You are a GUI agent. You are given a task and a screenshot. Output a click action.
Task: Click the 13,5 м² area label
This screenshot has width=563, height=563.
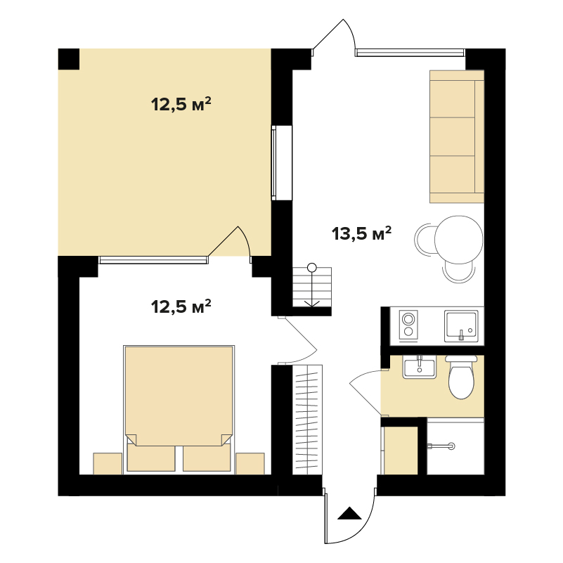(x=361, y=233)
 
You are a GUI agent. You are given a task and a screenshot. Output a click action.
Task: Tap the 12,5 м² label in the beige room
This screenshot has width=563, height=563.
(x=181, y=104)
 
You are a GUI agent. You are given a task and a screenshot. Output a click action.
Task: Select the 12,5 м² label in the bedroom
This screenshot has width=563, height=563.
(x=181, y=306)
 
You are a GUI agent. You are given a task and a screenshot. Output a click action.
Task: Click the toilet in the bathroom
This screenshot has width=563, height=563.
(x=461, y=377)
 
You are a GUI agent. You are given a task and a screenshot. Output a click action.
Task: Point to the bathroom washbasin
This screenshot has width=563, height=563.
(x=420, y=367)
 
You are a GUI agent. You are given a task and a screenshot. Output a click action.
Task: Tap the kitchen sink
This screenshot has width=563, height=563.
(x=461, y=326)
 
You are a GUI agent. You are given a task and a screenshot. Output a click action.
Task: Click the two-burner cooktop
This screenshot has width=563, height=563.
(x=408, y=325)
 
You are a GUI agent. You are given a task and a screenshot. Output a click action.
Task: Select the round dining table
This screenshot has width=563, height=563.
(x=459, y=240)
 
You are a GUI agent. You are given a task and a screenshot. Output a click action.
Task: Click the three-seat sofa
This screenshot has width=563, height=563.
(x=457, y=136)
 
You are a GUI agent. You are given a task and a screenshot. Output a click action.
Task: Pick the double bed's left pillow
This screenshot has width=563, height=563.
(x=151, y=458)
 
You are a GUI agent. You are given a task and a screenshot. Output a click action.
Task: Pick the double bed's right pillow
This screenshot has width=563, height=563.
(x=207, y=458)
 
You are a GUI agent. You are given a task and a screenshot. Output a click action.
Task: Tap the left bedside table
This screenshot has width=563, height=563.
(x=108, y=463)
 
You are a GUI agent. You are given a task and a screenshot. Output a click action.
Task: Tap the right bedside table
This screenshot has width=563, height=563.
(x=250, y=463)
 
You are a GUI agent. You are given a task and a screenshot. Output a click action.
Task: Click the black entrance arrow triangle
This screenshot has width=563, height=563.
(x=349, y=514)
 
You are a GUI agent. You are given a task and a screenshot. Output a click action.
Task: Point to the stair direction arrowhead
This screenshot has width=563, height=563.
(x=312, y=304)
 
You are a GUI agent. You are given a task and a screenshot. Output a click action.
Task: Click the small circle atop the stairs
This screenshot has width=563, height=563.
(x=312, y=268)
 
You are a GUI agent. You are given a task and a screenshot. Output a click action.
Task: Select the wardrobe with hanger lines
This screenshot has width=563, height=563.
(x=307, y=420)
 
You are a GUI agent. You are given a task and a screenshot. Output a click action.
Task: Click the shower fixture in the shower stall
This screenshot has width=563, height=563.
(x=441, y=446)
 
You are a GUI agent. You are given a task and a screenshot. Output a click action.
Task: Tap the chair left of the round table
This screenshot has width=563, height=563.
(x=425, y=240)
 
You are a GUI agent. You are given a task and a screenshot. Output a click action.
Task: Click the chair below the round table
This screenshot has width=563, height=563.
(x=459, y=272)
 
